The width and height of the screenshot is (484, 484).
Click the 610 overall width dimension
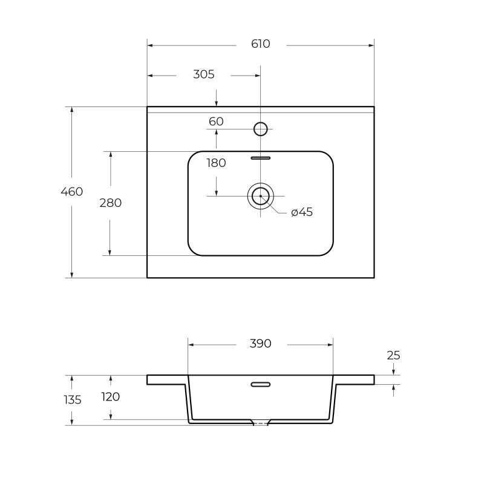pos(261,44)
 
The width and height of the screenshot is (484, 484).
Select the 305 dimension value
pos(204,74)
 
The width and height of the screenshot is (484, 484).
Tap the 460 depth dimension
pos(72,192)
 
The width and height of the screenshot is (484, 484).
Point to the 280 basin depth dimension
pos(111,203)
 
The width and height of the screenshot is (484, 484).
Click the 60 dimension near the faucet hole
pos(216,122)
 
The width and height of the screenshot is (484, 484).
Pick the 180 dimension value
pos(216,163)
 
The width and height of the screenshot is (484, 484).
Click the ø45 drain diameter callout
pos(302,212)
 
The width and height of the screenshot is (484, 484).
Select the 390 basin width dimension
pos(261,344)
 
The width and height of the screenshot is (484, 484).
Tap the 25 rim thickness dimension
pos(394,356)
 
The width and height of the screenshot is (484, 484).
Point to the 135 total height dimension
pos(73,400)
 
